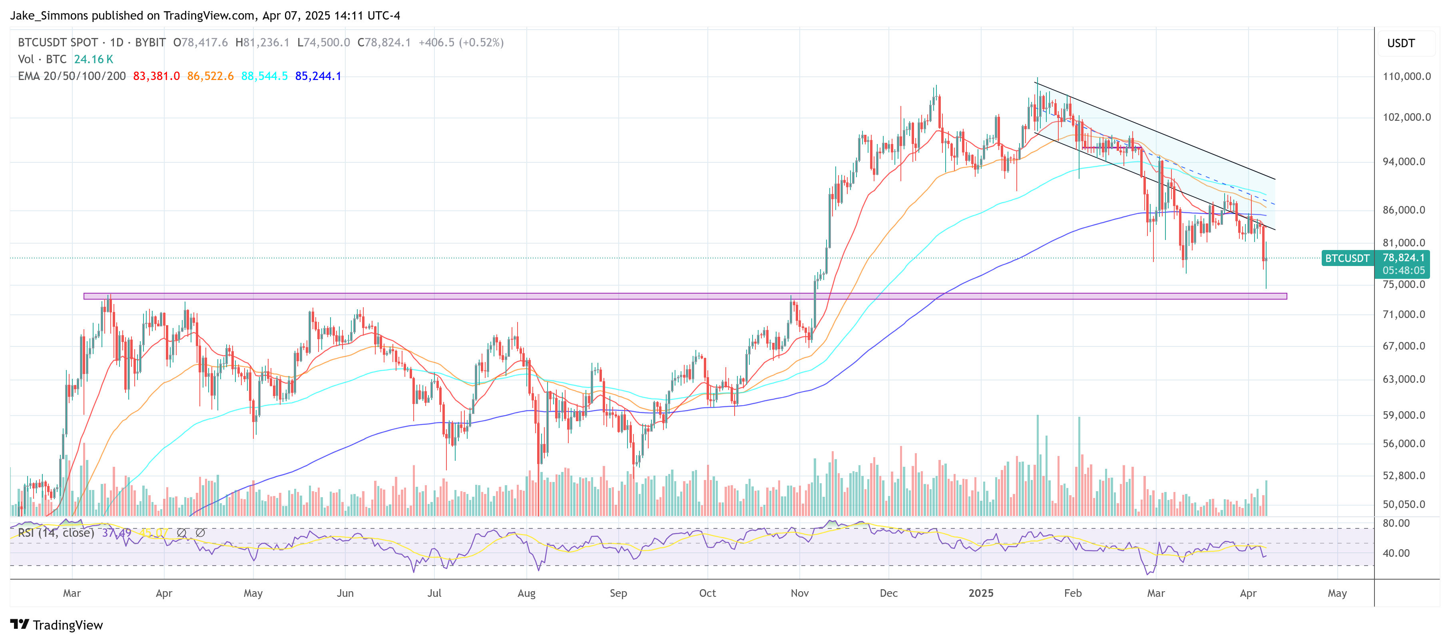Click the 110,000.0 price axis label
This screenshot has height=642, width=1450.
coord(1406,76)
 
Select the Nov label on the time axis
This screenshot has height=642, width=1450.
coord(799,593)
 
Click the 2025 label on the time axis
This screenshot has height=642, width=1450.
coord(980,593)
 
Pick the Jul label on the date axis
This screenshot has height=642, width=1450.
coord(434,593)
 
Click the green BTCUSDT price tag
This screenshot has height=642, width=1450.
coord(1347,258)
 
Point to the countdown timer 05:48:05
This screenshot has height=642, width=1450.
coord(1403,271)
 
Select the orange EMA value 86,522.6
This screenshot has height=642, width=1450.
coord(210,76)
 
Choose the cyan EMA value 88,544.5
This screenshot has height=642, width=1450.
coord(264,76)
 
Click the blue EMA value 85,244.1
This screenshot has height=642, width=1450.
coord(318,76)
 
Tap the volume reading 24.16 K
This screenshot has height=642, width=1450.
coord(94,59)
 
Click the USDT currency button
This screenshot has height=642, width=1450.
coord(1400,43)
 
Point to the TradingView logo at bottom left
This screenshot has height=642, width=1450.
coord(56,625)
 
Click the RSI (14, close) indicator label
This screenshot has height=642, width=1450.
coord(56,533)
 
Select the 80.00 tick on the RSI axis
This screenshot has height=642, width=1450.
coord(1396,523)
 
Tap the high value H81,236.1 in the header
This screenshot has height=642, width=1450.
coord(262,43)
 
